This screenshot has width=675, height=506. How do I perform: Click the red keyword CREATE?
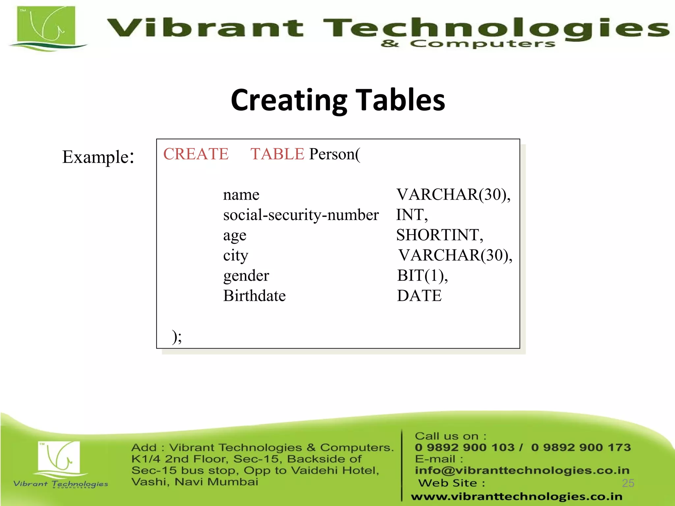196,154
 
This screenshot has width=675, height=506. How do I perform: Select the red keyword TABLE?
277,154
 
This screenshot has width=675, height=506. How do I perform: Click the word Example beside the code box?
96,157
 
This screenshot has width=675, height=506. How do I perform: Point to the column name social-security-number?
301,215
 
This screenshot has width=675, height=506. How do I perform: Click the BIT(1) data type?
422,275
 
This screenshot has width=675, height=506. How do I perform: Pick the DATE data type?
419,295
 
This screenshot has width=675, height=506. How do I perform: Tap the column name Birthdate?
254,295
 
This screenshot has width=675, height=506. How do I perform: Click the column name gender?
246,276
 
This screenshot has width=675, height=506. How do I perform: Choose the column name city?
235,256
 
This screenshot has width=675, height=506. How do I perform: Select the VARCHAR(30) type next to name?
453,194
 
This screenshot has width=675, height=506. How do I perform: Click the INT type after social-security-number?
412,215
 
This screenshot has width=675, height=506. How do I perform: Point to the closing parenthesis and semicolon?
177,336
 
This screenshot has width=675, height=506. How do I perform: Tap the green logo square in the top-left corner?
46,26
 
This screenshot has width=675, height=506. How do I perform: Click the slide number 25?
628,483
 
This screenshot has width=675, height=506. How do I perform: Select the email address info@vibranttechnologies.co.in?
522,470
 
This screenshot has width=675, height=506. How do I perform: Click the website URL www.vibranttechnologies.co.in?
516,496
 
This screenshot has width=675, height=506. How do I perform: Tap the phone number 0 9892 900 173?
581,447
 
